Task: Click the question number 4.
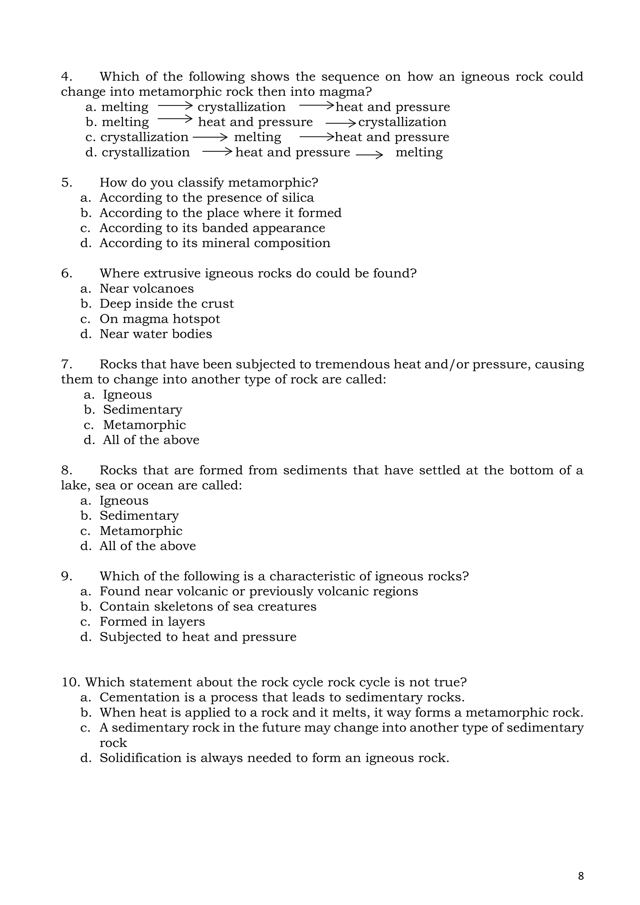click(x=66, y=77)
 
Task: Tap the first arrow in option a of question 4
click(x=175, y=106)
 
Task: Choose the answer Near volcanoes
click(x=147, y=288)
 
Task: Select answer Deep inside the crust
click(x=166, y=303)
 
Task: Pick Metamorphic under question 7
click(x=144, y=425)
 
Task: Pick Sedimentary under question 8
click(x=139, y=516)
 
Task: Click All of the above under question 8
click(x=147, y=546)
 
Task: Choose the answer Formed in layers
click(x=152, y=622)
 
